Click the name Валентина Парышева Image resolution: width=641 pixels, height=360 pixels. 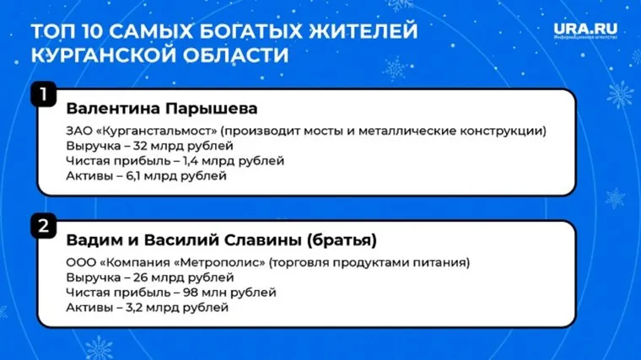click(161, 110)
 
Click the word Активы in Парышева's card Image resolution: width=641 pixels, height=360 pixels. click(88, 177)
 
